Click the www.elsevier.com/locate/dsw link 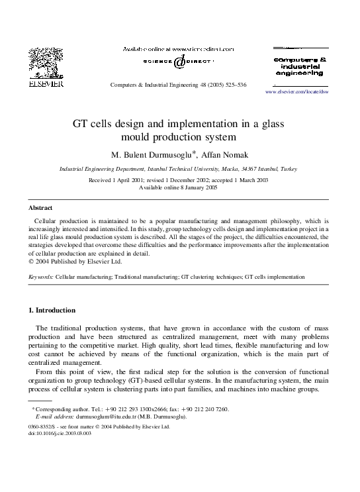(296, 91)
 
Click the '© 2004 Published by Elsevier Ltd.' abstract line (75, 262)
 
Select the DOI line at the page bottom (62, 434)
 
